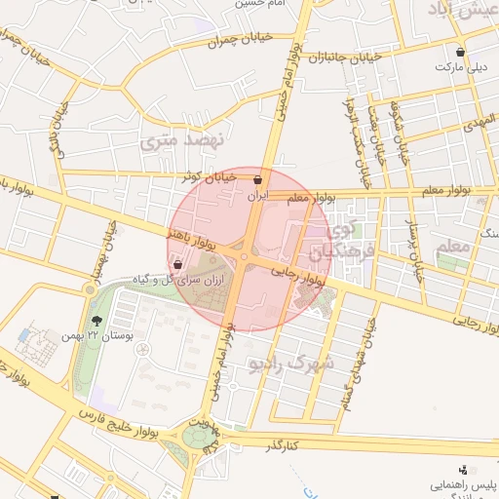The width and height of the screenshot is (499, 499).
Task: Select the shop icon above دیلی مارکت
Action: click(460, 52)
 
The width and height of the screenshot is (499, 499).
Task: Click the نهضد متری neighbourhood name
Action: click(182, 140)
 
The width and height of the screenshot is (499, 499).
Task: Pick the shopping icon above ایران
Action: click(257, 180)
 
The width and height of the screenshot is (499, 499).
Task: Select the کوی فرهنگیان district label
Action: click(327, 242)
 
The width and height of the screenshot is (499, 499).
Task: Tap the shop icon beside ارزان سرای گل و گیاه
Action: click(177, 264)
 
